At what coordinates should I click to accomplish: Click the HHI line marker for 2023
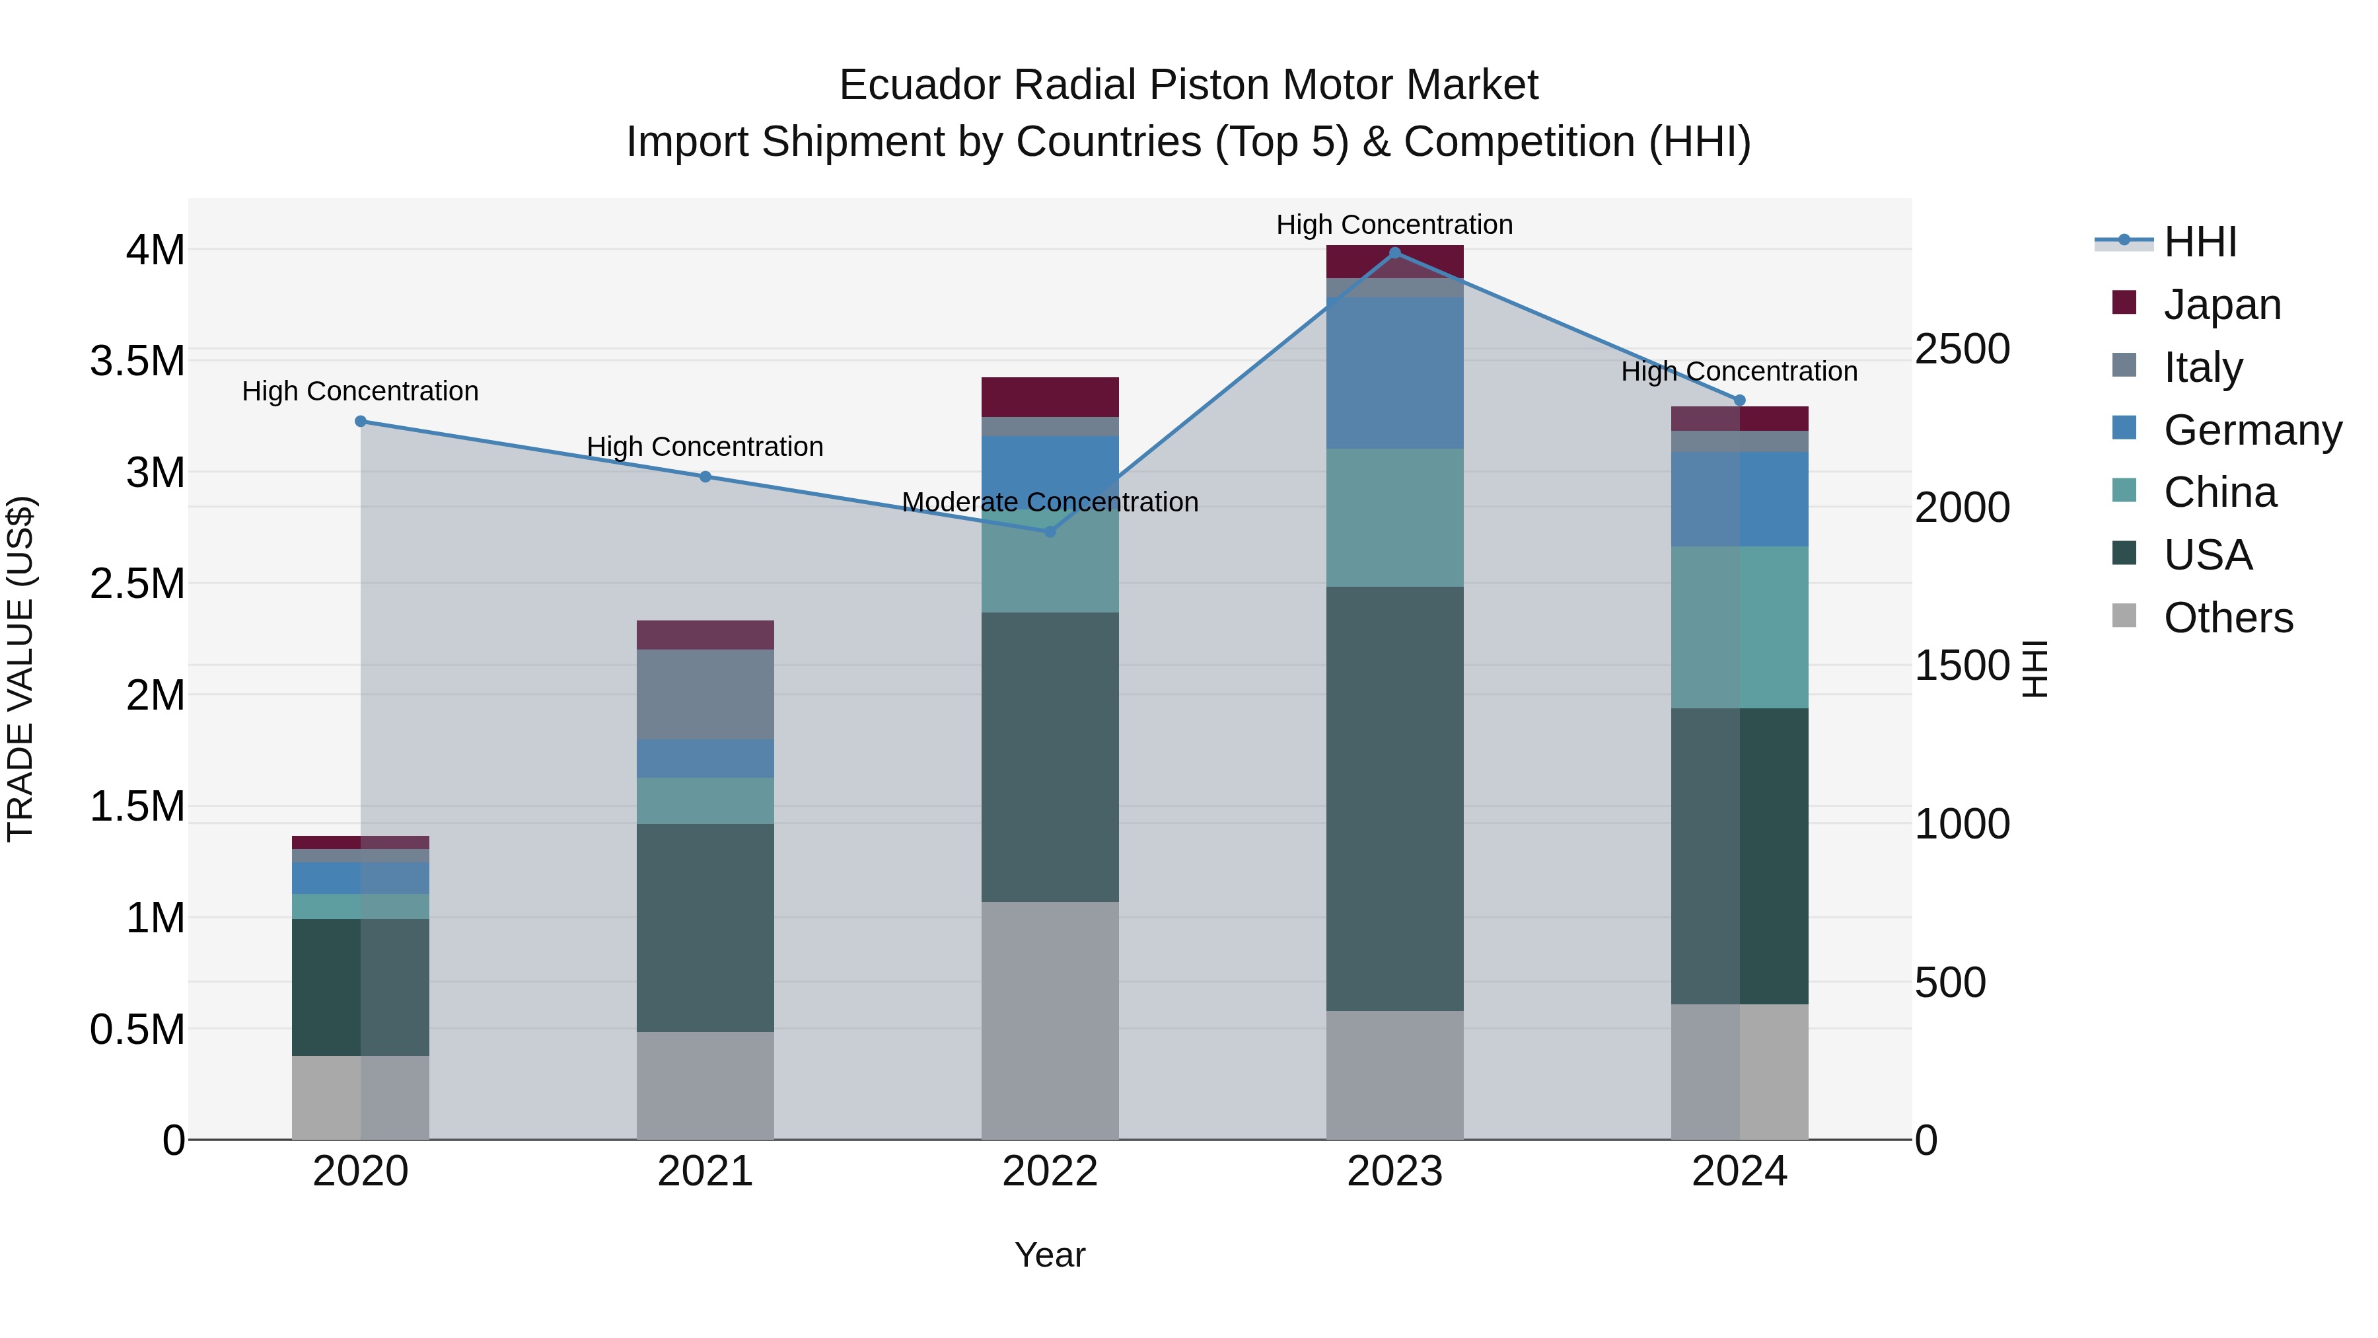[x=1395, y=253]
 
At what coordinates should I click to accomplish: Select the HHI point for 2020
[x=361, y=421]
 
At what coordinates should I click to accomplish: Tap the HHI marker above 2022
[x=1050, y=531]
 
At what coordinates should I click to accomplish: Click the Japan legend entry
[x=2221, y=305]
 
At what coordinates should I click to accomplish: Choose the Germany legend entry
[x=2252, y=430]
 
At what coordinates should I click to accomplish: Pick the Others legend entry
[x=2227, y=618]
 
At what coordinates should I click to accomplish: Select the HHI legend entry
[x=2200, y=242]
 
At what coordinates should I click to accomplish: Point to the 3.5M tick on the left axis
[x=137, y=361]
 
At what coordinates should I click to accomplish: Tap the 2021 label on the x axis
[x=705, y=1171]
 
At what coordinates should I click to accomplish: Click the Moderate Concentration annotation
[x=1050, y=502]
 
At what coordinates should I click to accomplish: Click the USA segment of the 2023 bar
[x=1395, y=799]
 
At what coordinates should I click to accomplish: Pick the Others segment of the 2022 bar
[x=1050, y=1020]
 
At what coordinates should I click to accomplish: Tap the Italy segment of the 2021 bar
[x=705, y=694]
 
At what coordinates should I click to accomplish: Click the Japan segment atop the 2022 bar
[x=1050, y=397]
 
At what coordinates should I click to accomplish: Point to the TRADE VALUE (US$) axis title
[x=20, y=669]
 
